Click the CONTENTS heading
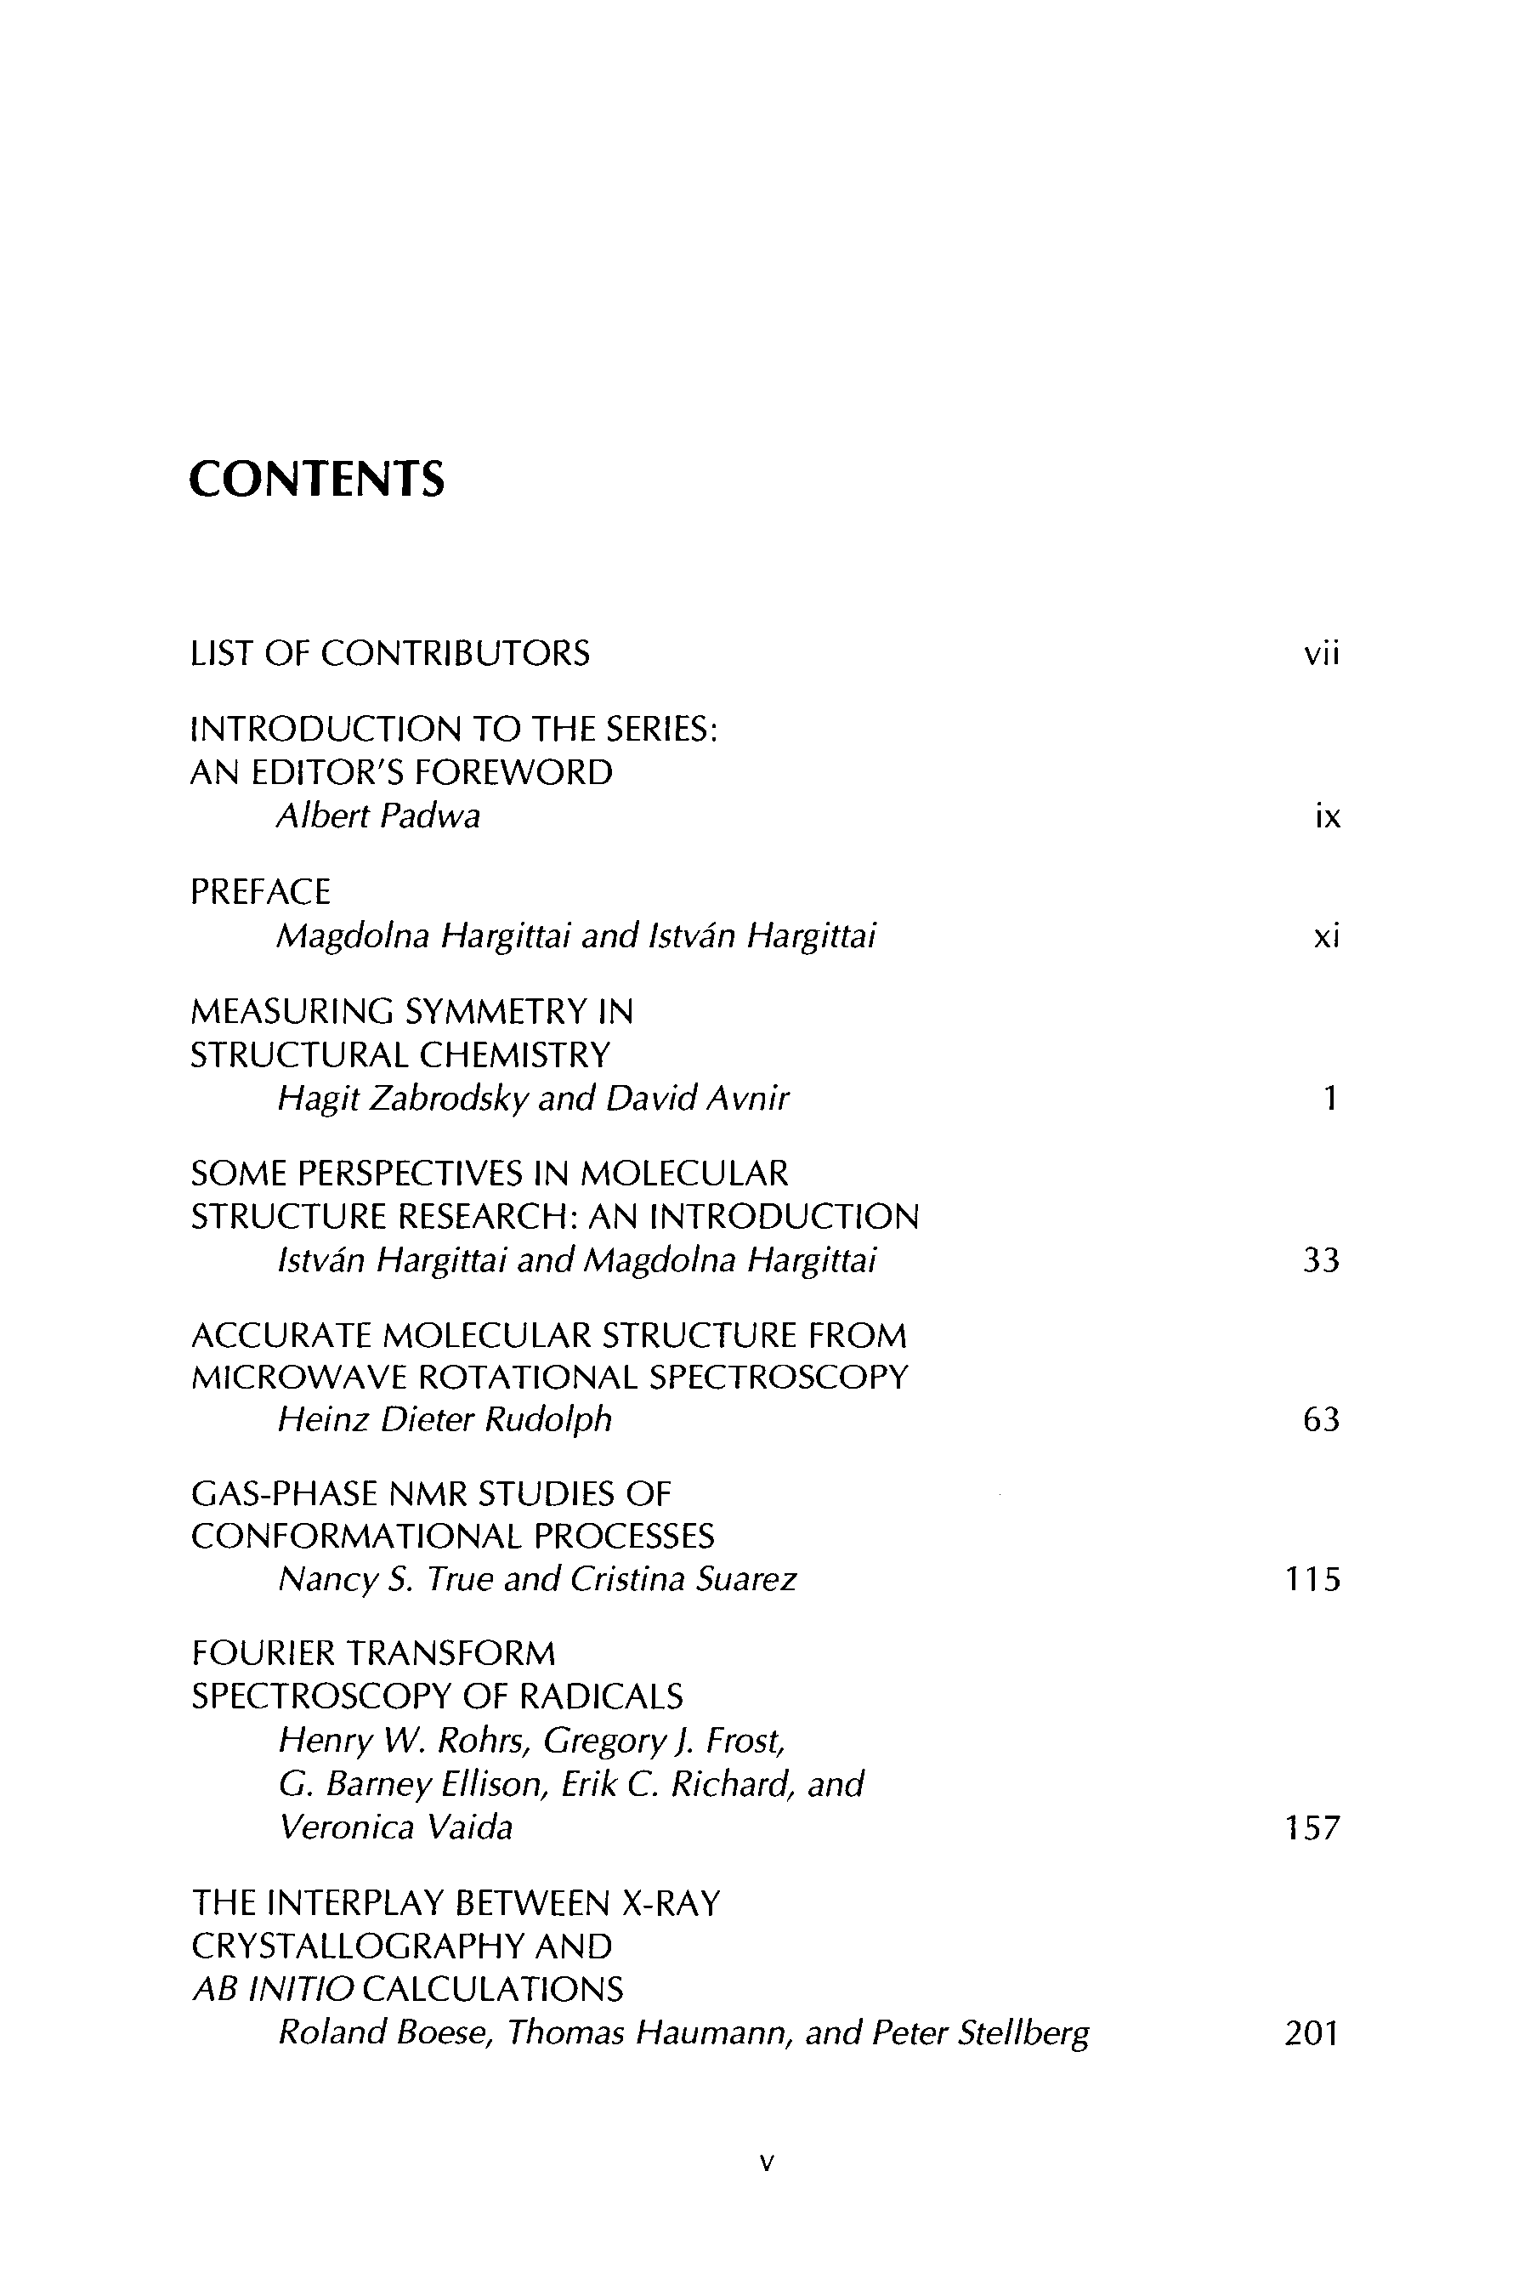click(x=316, y=480)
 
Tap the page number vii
click(x=1322, y=653)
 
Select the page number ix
click(x=1327, y=816)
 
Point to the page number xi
click(x=1326, y=937)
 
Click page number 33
click(x=1321, y=1260)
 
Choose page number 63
click(x=1321, y=1419)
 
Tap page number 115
click(x=1313, y=1579)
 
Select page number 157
click(x=1313, y=1827)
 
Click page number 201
click(x=1312, y=2033)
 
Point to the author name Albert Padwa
click(x=378, y=816)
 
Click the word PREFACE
click(x=261, y=891)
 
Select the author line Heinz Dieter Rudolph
click(x=445, y=1419)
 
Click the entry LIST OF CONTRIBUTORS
click(x=390, y=653)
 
